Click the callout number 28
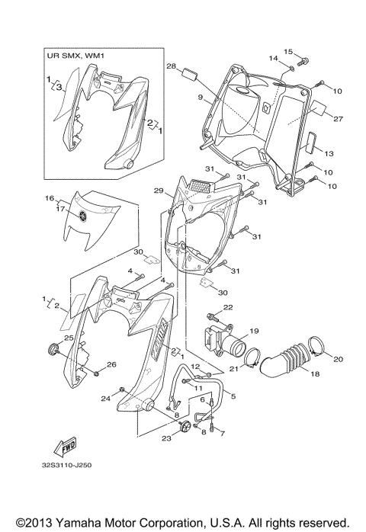click(x=172, y=66)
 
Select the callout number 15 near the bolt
click(x=288, y=51)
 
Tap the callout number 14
click(x=272, y=59)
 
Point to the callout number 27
click(x=338, y=119)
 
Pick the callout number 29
click(x=159, y=190)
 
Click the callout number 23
click(x=167, y=438)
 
